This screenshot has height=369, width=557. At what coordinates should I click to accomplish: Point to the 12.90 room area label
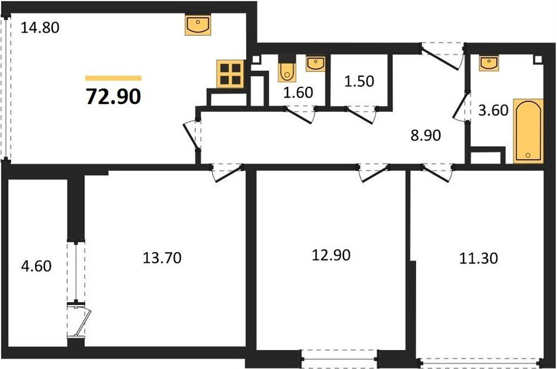tap(330, 254)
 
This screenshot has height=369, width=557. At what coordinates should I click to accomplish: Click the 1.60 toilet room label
tap(299, 93)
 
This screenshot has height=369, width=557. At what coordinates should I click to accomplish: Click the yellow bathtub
tap(528, 130)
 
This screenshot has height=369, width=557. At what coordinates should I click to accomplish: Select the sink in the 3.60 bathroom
tap(489, 62)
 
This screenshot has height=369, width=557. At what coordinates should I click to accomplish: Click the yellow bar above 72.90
tap(113, 78)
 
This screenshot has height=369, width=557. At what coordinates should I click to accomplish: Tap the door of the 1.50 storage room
tap(361, 114)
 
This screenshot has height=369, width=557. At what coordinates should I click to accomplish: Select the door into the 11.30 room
tap(437, 172)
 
